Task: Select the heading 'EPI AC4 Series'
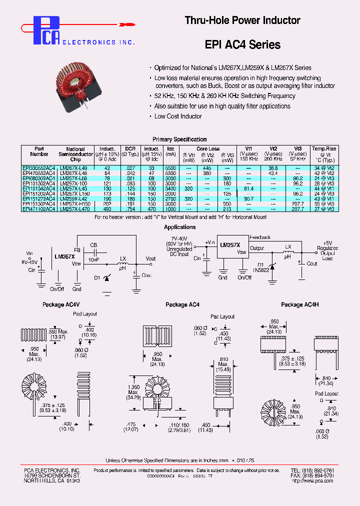pos(242,44)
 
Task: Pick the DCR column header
pos(130,149)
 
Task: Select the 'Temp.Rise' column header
pos(324,149)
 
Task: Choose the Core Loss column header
pos(208,149)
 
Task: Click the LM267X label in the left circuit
pos(64,256)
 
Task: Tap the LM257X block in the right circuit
pos(230,245)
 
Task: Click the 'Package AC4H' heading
pos(300,304)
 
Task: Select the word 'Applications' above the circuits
pos(179,227)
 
